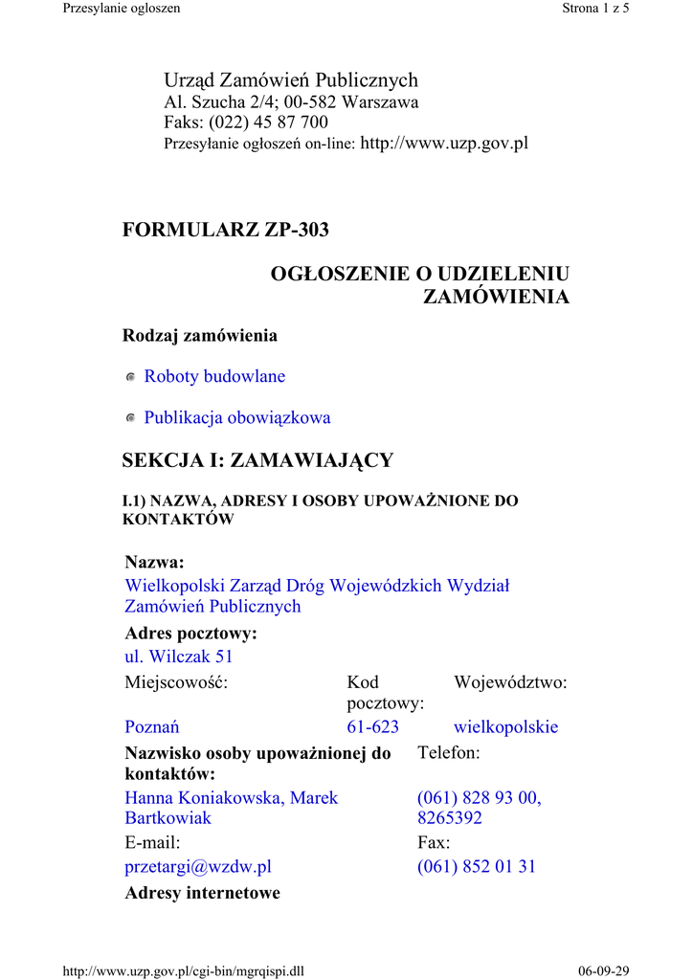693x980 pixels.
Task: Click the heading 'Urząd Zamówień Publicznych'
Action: tap(291, 80)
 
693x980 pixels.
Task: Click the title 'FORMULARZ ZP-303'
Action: tap(226, 230)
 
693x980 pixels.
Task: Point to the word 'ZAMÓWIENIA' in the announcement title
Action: tap(496, 297)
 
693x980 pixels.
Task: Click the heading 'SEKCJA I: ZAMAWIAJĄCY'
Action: tap(257, 460)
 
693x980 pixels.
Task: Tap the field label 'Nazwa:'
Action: tap(154, 562)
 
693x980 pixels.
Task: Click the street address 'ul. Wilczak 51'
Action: tap(179, 657)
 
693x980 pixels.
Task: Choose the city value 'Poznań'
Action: tap(152, 727)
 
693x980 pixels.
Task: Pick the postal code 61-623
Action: tap(372, 727)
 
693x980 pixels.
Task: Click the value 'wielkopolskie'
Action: tap(505, 727)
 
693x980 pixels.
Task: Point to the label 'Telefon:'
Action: tap(449, 754)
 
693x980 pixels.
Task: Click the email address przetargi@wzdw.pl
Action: tap(198, 867)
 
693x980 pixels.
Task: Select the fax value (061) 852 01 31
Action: tap(477, 867)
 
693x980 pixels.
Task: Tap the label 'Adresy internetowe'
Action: tap(203, 894)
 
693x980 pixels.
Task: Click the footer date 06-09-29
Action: tap(604, 971)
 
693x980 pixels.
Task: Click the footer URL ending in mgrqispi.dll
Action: tap(183, 971)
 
